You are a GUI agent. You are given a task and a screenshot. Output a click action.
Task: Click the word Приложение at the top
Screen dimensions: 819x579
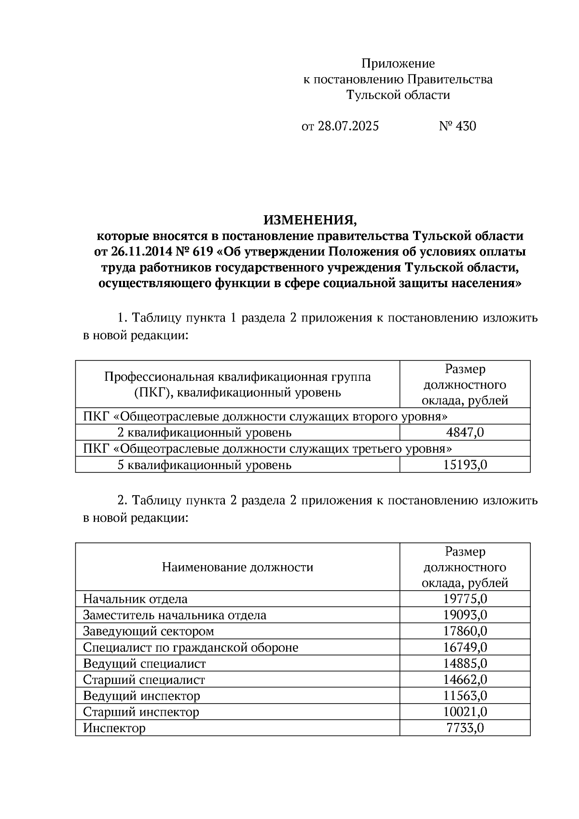point(398,64)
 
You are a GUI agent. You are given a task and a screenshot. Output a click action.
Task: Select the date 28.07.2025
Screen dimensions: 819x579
point(348,126)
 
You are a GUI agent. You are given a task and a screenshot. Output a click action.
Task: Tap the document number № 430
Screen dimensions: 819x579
point(457,126)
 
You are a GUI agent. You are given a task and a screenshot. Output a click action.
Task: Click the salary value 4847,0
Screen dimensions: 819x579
point(465,432)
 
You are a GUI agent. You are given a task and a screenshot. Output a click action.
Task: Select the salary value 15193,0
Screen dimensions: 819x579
point(465,465)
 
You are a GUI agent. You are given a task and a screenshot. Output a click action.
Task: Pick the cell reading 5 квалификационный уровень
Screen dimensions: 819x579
point(205,465)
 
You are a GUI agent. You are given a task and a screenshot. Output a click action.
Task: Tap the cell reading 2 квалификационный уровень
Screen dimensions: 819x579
point(205,432)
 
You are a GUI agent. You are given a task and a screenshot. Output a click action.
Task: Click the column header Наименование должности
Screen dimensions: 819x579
point(237,567)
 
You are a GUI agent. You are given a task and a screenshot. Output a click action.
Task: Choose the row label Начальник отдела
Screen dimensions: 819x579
point(135,599)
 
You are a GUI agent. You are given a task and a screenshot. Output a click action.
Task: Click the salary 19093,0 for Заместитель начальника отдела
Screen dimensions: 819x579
point(465,615)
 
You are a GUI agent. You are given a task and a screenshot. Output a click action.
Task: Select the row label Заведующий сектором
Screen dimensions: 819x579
point(148,631)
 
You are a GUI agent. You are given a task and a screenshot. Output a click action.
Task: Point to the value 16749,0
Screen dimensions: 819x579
point(465,648)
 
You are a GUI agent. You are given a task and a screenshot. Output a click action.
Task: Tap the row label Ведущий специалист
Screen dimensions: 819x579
point(144,664)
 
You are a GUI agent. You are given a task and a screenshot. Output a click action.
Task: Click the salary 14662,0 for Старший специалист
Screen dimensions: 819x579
point(465,680)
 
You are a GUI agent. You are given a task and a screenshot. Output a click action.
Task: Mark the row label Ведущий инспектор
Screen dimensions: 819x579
point(141,696)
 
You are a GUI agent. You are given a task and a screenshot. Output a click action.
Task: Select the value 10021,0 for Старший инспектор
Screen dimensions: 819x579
point(465,712)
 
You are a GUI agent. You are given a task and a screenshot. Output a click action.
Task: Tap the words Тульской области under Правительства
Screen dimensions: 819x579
point(398,95)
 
